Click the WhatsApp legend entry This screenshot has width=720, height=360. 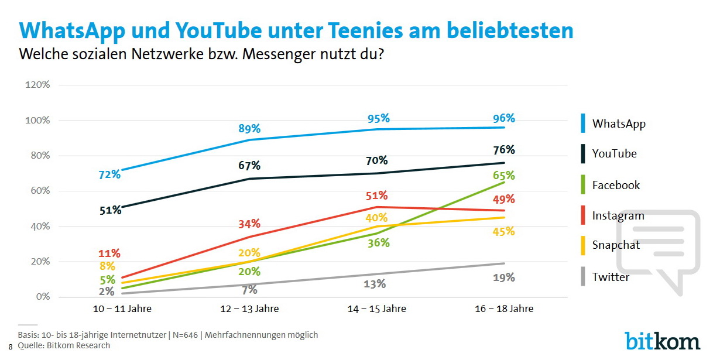coord(619,124)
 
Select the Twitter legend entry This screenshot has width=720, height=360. coord(611,277)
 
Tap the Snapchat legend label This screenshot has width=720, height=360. coord(616,245)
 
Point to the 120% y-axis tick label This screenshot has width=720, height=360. coord(37,85)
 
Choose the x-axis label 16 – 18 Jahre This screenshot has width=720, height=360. coord(505,308)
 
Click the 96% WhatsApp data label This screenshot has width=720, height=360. coord(503,118)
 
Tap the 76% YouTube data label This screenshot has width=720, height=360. coord(503,150)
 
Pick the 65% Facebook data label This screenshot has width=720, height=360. coord(503,175)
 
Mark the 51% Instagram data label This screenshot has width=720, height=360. coord(376,196)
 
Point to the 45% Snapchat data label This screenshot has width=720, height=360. coord(503,232)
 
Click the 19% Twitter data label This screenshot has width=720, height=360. coord(503,277)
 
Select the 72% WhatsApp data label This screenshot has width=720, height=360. coord(109,174)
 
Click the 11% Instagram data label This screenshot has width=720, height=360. coord(109,253)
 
